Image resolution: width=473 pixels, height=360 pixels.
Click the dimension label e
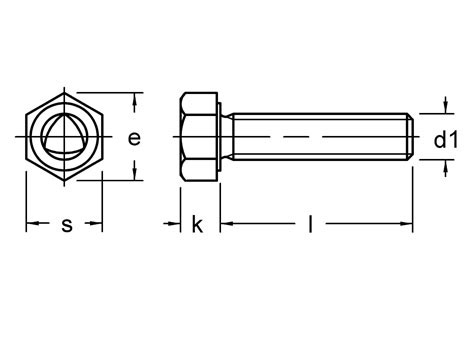point(134,138)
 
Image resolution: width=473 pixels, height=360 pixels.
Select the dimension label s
point(67,225)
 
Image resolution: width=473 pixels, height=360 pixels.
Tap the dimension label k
point(197,224)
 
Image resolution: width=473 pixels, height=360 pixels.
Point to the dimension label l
point(310,224)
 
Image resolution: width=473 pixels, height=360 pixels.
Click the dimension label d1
point(446,139)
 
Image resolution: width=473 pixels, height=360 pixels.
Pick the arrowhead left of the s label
point(32,223)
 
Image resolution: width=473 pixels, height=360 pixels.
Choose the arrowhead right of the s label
point(96,223)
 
